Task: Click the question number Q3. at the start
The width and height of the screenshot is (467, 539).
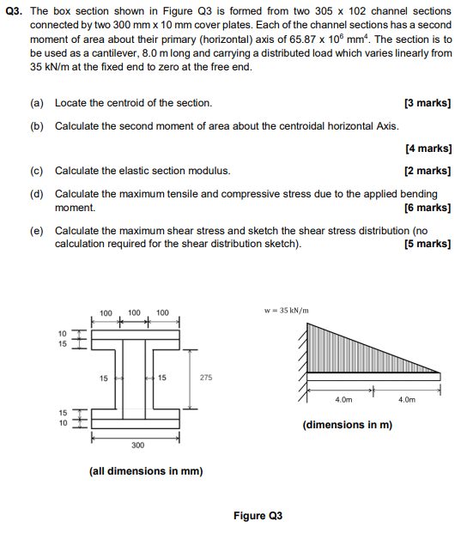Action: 15,11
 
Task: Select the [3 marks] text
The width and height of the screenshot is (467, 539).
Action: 427,103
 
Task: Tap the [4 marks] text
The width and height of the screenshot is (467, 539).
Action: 427,148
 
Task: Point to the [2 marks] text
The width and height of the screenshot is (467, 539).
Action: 427,171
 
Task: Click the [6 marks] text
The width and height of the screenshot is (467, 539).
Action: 427,207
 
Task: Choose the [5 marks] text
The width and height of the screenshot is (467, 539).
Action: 427,244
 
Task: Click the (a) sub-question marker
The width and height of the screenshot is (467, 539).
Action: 36,103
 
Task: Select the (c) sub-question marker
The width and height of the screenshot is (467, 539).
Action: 36,171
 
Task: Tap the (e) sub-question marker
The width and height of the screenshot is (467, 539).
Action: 36,231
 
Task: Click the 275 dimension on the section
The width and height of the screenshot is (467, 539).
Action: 207,377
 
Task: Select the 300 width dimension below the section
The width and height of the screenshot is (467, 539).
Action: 137,446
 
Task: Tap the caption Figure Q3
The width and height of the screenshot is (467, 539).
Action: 258,516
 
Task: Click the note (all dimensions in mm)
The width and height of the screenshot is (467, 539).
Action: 146,470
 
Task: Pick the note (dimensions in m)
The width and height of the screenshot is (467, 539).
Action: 347,424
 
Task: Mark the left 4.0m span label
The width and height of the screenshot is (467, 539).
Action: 343,399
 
